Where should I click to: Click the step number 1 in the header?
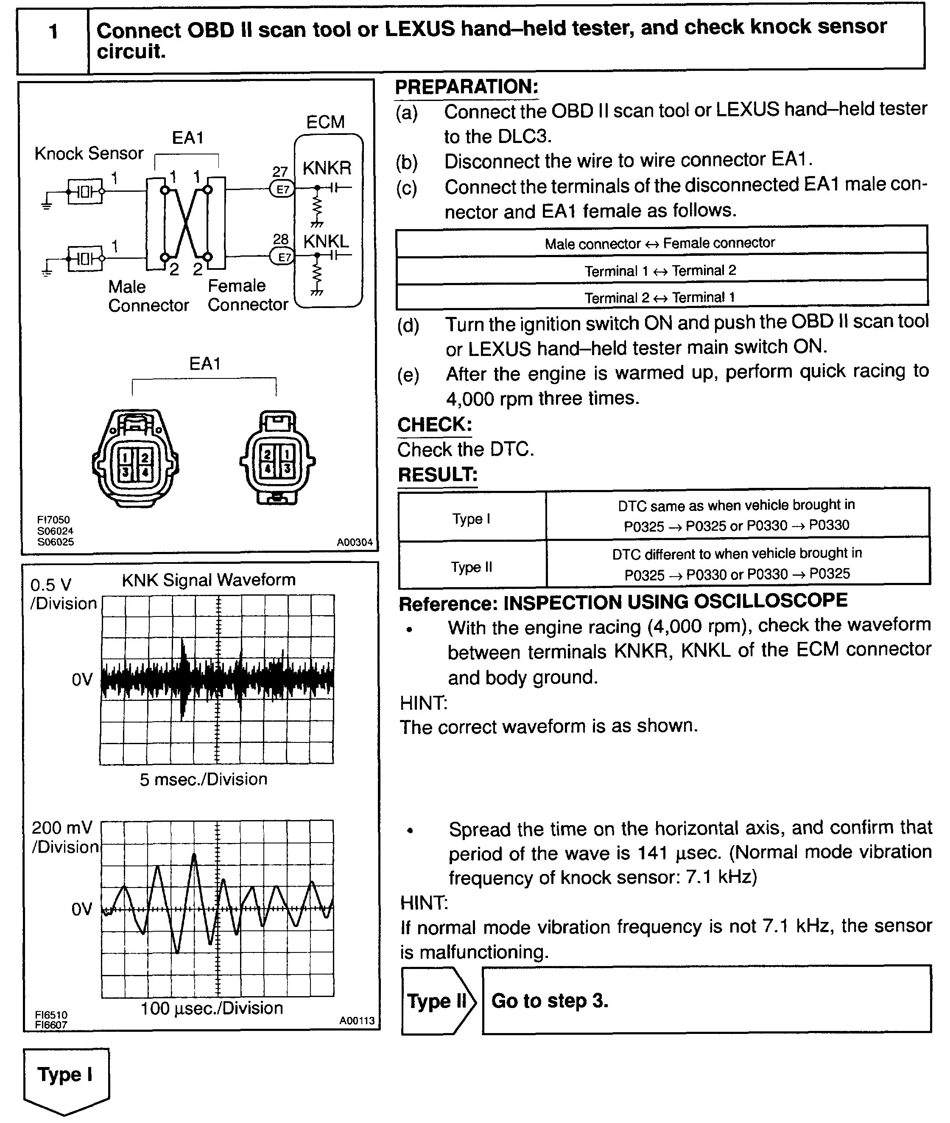pos(53,32)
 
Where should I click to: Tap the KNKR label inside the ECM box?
pos(327,168)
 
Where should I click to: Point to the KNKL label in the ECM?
pos(326,241)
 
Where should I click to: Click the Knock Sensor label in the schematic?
pos(89,154)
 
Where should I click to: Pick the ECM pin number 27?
pos(280,172)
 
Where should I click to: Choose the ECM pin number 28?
pos(281,239)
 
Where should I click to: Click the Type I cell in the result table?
pos(471,519)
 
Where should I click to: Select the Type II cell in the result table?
pos(471,567)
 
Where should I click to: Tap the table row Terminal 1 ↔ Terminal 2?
pos(660,270)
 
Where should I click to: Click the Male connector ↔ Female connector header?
pos(660,244)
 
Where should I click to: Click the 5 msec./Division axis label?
pos(204,779)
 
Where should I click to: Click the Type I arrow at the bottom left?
pos(66,1075)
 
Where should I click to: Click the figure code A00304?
pos(355,542)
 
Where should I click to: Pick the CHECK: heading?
pos(434,425)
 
